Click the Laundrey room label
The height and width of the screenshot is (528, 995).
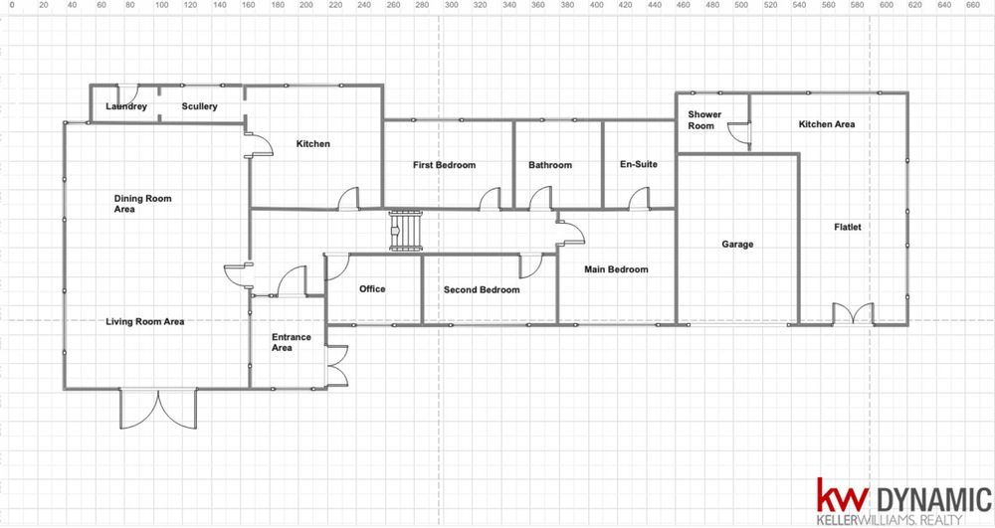pyautogui.click(x=126, y=106)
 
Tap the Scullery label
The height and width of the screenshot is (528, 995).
pyautogui.click(x=199, y=106)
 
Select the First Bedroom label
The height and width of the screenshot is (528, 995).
pyautogui.click(x=444, y=165)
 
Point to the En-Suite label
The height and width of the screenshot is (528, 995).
pyautogui.click(x=639, y=164)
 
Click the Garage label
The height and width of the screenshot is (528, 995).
pyautogui.click(x=737, y=244)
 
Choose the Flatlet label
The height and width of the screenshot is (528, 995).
pyautogui.click(x=848, y=227)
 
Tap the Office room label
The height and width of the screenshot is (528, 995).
pyautogui.click(x=372, y=289)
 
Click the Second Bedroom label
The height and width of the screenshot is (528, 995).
pyautogui.click(x=482, y=289)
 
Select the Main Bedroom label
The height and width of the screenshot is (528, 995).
pyautogui.click(x=616, y=269)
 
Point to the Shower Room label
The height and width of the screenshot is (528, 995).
pyautogui.click(x=704, y=119)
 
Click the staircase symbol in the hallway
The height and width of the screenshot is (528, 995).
pyautogui.click(x=406, y=230)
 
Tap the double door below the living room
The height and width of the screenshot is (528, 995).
pyautogui.click(x=158, y=409)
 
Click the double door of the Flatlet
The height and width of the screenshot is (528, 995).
pyautogui.click(x=853, y=314)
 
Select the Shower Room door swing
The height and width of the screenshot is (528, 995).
pyautogui.click(x=739, y=132)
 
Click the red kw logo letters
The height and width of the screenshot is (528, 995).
pyautogui.click(x=842, y=494)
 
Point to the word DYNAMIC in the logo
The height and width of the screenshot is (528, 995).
pyautogui.click(x=933, y=499)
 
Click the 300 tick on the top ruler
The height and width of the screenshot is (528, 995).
pyautogui.click(x=451, y=5)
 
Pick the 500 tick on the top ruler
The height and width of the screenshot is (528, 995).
pyautogui.click(x=741, y=5)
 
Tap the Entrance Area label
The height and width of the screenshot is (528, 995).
pyautogui.click(x=292, y=342)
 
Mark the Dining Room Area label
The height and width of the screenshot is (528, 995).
pyautogui.click(x=142, y=204)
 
